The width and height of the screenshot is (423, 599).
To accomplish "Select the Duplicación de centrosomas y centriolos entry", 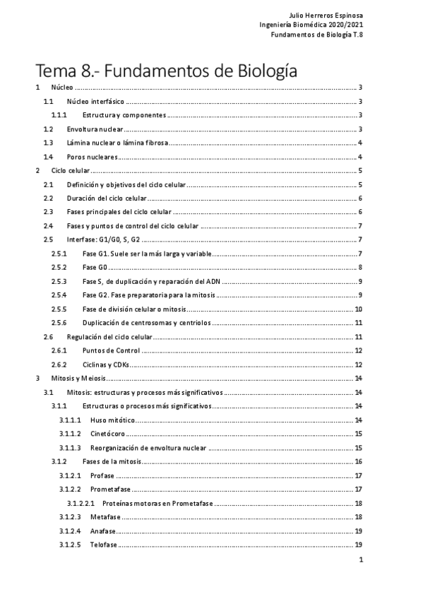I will (146, 322).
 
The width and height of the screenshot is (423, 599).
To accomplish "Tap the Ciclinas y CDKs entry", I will (107, 364).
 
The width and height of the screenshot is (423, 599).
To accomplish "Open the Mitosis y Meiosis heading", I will (76, 379).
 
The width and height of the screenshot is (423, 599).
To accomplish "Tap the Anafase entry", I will (103, 530).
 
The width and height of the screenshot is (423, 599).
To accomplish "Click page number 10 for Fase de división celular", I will (359, 309).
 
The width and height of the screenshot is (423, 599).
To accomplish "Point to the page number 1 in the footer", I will (360, 561).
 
